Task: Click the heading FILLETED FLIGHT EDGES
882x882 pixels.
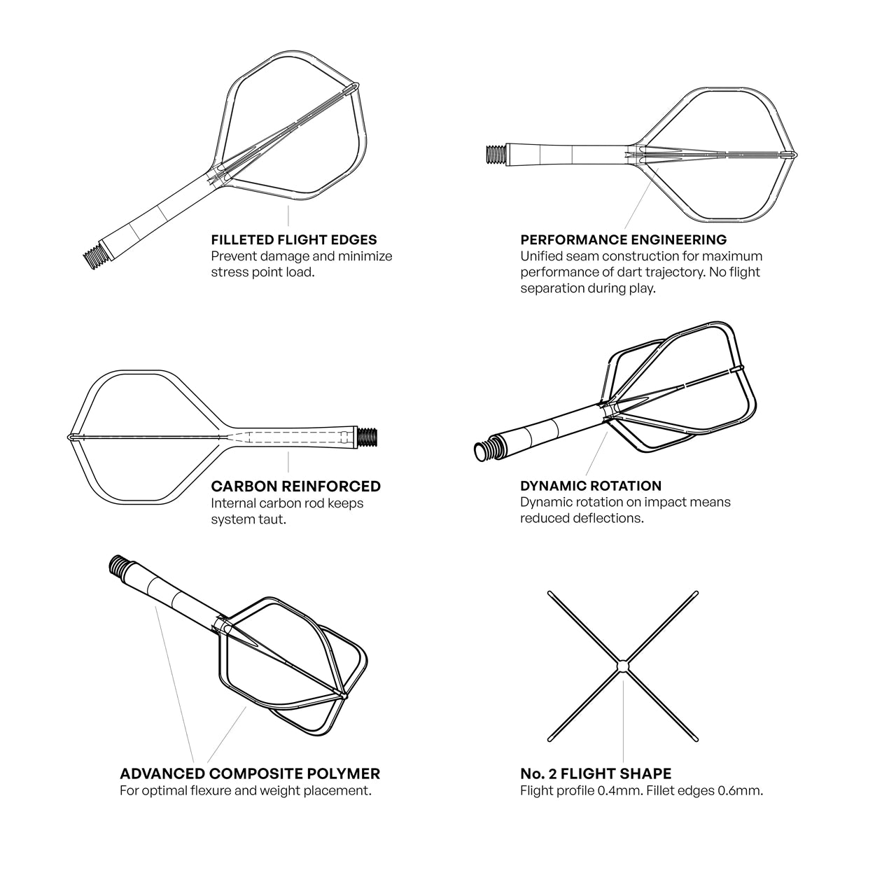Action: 294,240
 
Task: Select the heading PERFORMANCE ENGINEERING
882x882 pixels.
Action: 624,240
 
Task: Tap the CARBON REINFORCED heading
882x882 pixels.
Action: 295,486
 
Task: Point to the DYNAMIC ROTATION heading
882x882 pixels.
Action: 591,486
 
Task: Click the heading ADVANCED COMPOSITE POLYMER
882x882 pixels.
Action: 250,773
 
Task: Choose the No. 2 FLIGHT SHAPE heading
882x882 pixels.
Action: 596,773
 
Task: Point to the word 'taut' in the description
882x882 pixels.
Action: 272,519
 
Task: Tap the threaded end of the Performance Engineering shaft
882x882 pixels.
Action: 496,154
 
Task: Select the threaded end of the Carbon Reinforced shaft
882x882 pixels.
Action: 367,437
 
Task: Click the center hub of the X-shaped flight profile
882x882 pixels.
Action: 622,666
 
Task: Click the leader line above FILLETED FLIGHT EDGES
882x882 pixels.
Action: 288,216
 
